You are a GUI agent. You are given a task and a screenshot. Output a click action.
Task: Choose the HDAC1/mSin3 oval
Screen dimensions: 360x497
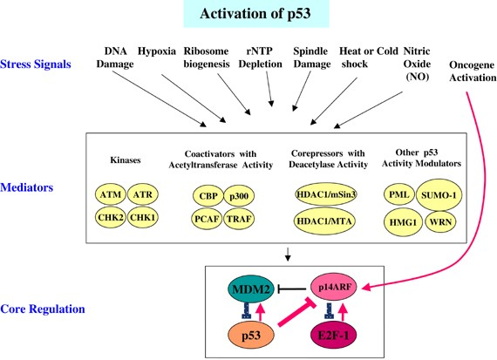click(330, 191)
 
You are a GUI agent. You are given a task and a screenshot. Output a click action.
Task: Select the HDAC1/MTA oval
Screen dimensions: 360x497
click(330, 218)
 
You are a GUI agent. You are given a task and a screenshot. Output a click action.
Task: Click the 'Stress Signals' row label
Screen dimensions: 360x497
click(36, 63)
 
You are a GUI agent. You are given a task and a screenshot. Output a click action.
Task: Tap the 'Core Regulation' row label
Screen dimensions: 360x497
click(41, 309)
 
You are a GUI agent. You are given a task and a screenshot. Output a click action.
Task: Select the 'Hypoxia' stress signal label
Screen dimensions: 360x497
click(158, 51)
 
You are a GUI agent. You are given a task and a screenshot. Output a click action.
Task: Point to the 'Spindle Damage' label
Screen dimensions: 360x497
click(310, 58)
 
